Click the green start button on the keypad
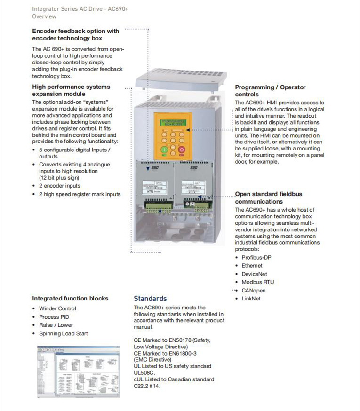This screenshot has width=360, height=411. pos(165,150)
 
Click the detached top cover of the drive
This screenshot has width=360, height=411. pos(181,79)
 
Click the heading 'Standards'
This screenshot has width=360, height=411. pos(150,299)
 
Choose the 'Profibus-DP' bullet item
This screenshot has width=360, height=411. pos(256,258)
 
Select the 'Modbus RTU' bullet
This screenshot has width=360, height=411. pos(257,282)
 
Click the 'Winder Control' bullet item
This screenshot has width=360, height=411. pos(57,308)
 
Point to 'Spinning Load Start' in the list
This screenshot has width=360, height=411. pos(64,333)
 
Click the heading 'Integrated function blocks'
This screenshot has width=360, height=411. pos(70,299)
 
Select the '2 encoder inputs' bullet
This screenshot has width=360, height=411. pos(60,186)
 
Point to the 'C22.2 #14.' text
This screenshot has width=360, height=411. pos(147,386)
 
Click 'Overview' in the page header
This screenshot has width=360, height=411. pos(44,16)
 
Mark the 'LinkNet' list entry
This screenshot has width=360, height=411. pos(251,299)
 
